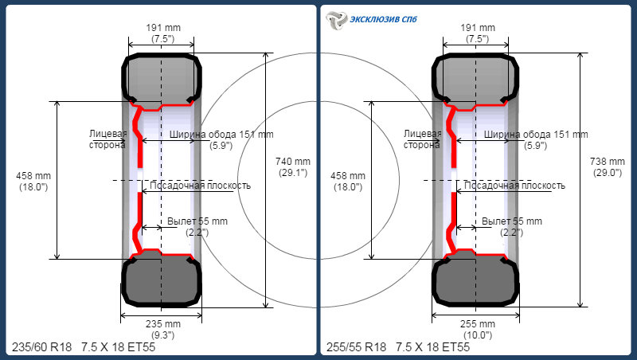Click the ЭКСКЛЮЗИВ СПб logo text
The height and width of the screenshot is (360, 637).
click(383, 19)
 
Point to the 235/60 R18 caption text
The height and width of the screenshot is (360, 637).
click(42, 347)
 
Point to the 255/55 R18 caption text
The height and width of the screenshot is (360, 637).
click(356, 347)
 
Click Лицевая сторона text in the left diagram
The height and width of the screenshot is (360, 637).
click(108, 139)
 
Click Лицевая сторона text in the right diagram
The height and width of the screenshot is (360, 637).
click(423, 139)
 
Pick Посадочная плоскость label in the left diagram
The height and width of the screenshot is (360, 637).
click(201, 186)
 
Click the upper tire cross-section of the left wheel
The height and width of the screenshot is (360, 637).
click(162, 78)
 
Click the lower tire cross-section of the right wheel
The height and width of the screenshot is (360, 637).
click(475, 280)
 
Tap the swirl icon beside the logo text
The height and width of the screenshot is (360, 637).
click(337, 20)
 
